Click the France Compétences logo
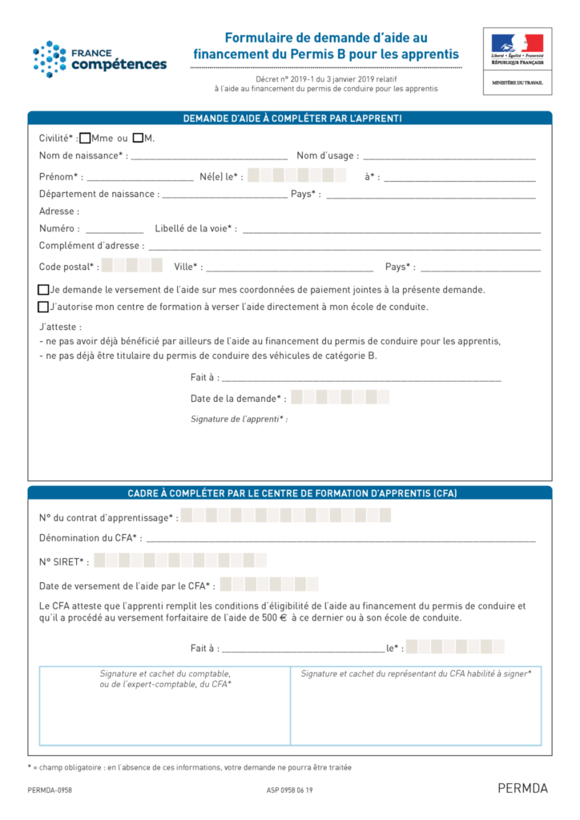coord(99,59)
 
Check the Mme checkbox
coord(85,138)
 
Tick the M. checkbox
coord(138,138)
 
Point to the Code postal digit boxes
coord(132,266)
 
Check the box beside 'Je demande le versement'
coord(43,290)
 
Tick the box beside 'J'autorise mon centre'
coord(43,307)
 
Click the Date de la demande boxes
coord(340,397)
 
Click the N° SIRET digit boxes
coord(180,561)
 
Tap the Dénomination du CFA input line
coord(340,540)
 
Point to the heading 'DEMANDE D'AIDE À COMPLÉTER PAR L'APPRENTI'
coord(292,119)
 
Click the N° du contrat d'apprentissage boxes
coord(285,516)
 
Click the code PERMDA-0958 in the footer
coord(50,790)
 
